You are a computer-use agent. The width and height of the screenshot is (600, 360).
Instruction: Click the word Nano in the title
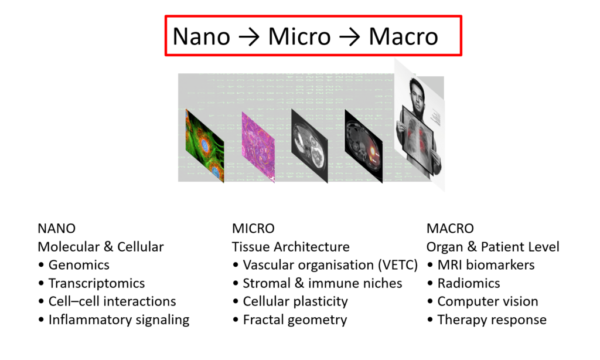(202, 37)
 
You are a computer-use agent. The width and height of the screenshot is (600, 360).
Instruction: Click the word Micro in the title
(299, 37)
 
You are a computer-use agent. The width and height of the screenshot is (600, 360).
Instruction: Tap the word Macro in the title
(403, 37)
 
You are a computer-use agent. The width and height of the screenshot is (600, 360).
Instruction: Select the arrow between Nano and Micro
(249, 37)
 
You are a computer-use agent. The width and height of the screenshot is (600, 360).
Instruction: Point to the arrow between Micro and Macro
(350, 37)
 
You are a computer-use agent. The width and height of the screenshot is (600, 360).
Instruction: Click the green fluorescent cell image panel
(204, 145)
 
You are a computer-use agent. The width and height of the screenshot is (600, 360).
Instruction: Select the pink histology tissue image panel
(258, 147)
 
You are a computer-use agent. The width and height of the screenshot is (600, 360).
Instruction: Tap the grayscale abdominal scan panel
(309, 146)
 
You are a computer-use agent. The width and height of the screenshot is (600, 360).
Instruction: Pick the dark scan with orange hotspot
(363, 147)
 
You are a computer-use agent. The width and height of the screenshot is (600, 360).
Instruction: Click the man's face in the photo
(417, 92)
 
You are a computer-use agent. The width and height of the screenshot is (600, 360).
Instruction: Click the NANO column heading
(57, 228)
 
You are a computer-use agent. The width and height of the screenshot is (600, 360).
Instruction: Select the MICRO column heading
(253, 228)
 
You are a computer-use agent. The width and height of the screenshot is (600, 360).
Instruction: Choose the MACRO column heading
(450, 228)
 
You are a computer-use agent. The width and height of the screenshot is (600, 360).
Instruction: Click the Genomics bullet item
(74, 264)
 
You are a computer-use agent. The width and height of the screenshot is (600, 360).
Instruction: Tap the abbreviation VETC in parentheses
(398, 265)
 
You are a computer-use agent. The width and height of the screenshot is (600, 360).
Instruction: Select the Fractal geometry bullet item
(290, 320)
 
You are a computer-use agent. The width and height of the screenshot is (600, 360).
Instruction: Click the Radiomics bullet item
(464, 283)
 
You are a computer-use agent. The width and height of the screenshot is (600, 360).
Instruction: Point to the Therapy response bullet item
(487, 320)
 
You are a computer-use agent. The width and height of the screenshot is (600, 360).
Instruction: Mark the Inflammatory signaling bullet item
(114, 320)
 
